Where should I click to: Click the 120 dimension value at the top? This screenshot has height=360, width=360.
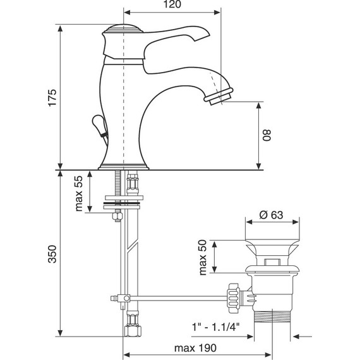pyautogui.click(x=172, y=4)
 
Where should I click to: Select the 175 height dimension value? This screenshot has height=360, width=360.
pyautogui.click(x=52, y=97)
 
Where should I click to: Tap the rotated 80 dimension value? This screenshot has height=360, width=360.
pyautogui.click(x=267, y=135)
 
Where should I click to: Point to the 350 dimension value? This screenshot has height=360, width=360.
pyautogui.click(x=52, y=254)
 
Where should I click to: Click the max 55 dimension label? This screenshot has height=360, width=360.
pyautogui.click(x=78, y=193)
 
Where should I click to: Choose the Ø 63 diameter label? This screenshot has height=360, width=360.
pyautogui.click(x=271, y=215)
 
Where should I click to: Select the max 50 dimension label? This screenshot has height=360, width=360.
pyautogui.click(x=203, y=257)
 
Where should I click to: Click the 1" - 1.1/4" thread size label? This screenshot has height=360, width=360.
pyautogui.click(x=215, y=327)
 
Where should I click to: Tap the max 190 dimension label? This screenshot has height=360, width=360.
pyautogui.click(x=195, y=348)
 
